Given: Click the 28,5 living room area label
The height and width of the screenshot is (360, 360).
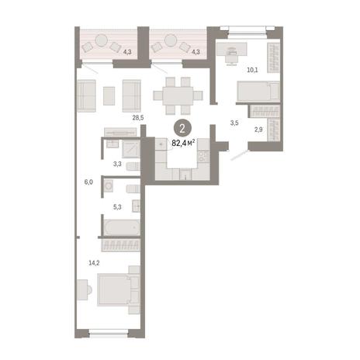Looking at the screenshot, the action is [x=138, y=118].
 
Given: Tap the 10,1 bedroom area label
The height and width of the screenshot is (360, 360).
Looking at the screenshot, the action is [x=252, y=70].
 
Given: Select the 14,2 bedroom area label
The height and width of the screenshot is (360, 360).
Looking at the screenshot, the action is [x=94, y=263].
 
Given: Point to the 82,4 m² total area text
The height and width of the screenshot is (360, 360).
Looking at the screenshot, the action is [x=183, y=143].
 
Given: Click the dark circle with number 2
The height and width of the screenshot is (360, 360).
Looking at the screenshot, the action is [x=182, y=128].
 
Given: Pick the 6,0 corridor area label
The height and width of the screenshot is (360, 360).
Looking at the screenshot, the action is [x=88, y=182].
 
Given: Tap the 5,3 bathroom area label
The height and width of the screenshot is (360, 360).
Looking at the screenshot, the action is [x=117, y=207].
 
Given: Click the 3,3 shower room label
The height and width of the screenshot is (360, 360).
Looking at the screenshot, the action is [x=117, y=164].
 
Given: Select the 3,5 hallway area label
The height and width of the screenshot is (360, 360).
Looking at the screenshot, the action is [x=234, y=123].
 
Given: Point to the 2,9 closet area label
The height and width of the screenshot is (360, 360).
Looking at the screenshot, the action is [x=258, y=130].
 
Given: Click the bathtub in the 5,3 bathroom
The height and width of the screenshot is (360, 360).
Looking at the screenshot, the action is [x=122, y=227].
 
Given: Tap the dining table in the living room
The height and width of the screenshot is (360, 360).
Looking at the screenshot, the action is [x=178, y=95].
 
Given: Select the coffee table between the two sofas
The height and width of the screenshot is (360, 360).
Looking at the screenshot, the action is [x=109, y=96].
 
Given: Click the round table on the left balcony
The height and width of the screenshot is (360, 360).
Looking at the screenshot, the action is [x=102, y=40].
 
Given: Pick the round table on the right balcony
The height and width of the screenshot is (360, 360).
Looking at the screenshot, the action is [x=171, y=40].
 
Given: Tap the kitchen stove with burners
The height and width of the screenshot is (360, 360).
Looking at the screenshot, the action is [x=203, y=156].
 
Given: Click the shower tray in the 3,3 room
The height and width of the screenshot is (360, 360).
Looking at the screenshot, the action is [x=131, y=149].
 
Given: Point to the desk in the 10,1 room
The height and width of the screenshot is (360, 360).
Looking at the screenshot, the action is [x=232, y=50].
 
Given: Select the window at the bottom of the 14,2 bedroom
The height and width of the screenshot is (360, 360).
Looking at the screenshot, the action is [x=109, y=333].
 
